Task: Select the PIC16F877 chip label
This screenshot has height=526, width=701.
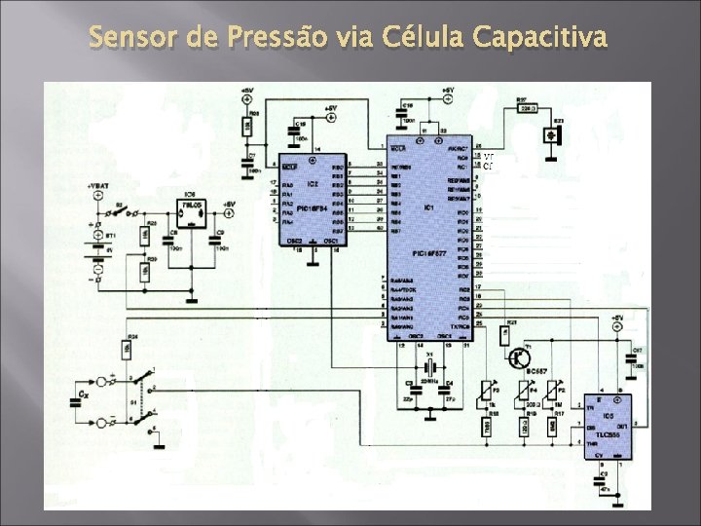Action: pyautogui.click(x=429, y=251)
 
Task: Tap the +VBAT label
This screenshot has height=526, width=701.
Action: pyautogui.click(x=98, y=183)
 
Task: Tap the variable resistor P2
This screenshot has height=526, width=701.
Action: pyautogui.click(x=556, y=394)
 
